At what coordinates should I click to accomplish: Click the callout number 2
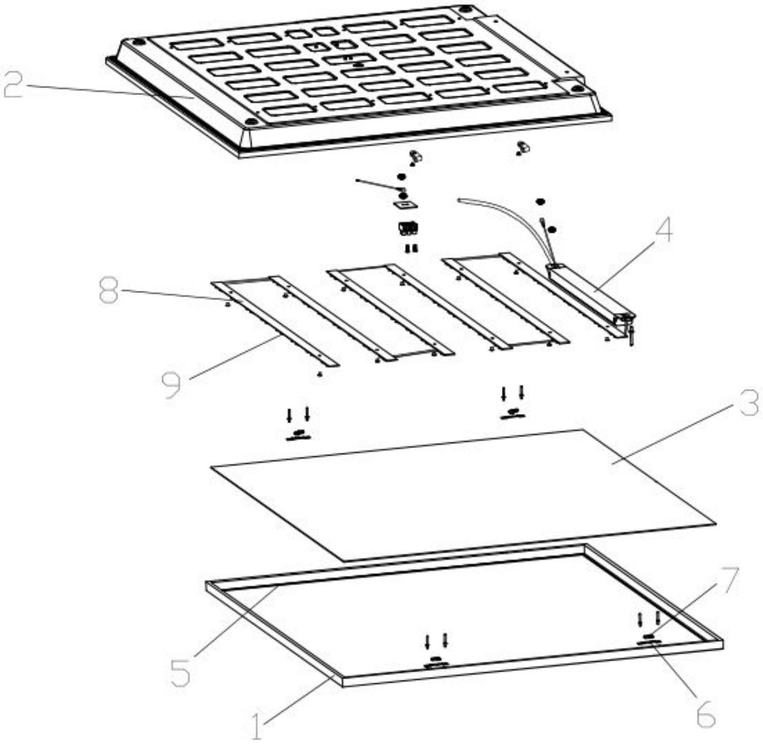13,84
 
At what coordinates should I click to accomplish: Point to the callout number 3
750,402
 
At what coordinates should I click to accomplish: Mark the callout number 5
181,673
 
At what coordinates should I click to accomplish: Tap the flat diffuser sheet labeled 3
463,495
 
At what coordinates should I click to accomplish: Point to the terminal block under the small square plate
409,228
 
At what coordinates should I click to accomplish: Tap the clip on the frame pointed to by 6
649,640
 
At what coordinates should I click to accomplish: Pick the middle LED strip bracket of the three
390,312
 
